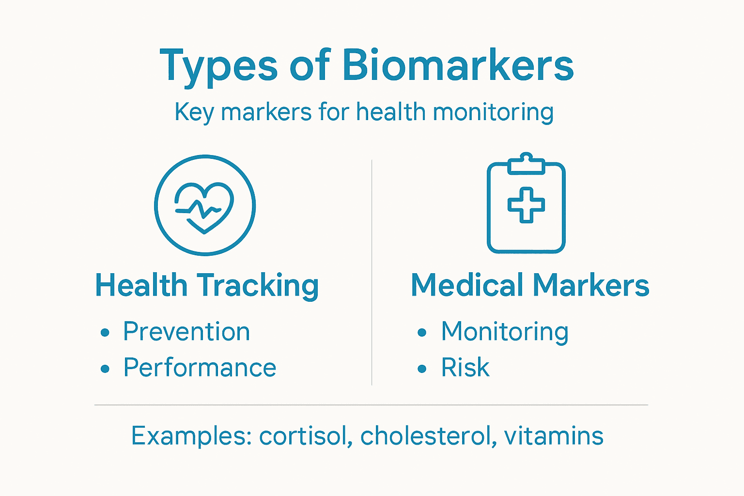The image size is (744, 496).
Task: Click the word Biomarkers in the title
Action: point(458,65)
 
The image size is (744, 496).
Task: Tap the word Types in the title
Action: point(218,66)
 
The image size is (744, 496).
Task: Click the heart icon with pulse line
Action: point(205,205)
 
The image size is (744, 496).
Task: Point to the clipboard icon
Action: point(526,203)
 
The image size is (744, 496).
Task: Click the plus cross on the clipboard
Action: point(526,205)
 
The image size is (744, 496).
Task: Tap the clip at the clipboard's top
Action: point(526,164)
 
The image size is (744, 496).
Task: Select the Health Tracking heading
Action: point(207,285)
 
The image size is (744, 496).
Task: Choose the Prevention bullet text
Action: point(186,332)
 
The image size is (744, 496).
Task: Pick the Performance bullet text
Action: point(200,368)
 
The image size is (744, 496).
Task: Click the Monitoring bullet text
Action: point(505,332)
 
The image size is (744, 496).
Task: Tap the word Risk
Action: point(465,368)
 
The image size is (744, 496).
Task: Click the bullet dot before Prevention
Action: point(105,333)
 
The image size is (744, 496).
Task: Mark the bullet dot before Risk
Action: point(422,369)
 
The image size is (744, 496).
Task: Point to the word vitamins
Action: point(554,436)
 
